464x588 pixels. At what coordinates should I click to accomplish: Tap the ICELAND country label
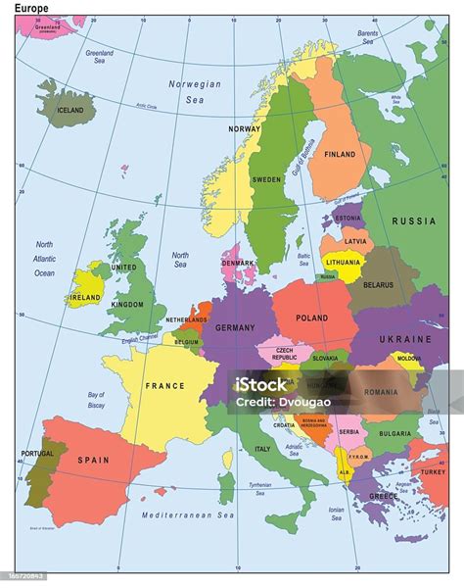coord(70,111)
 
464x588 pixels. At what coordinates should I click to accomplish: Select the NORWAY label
coord(244,129)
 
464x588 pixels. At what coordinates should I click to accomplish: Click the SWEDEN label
coord(266,180)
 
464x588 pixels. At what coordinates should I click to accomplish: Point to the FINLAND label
coord(340,154)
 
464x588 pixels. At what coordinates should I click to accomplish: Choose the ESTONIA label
coord(348,218)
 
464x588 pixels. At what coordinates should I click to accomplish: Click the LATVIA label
coord(355,241)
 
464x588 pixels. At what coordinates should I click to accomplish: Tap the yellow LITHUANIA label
coord(343,263)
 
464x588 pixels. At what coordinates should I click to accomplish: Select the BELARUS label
coord(378,285)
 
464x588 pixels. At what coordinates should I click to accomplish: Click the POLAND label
coord(311,318)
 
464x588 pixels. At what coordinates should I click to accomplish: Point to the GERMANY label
coord(234,328)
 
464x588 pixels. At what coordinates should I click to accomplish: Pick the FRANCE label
coord(164,386)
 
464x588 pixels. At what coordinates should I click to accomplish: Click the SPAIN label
coord(94,460)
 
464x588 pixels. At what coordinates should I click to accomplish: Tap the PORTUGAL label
coord(36,454)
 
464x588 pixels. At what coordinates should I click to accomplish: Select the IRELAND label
coord(85,297)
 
